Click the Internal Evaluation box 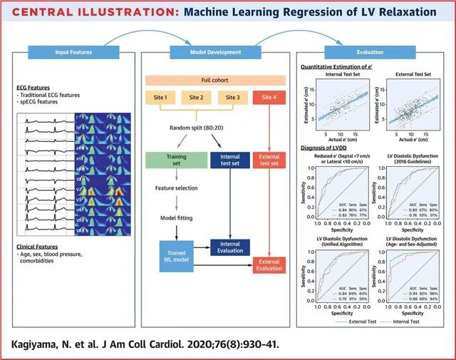click(229, 247)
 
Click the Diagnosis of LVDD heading click(325, 148)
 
